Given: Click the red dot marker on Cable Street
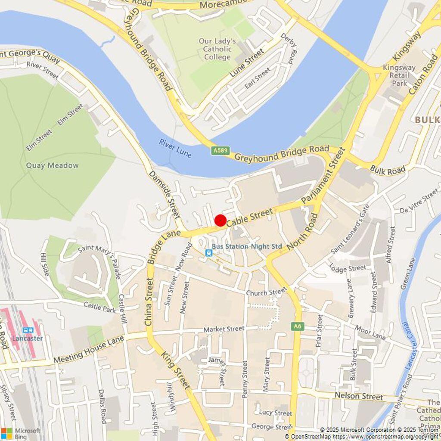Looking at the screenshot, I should (220, 220).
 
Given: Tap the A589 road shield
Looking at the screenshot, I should (220, 151).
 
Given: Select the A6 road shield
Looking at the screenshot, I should (297, 326).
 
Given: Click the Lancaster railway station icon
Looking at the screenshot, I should (28, 330).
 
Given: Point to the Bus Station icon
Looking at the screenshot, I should (208, 252).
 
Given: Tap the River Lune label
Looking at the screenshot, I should (175, 148).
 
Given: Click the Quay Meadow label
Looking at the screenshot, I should (52, 165).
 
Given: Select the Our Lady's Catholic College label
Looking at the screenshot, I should (217, 49).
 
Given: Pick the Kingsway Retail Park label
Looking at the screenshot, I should (399, 75).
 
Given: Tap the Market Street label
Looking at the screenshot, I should (224, 329).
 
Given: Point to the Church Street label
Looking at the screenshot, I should (266, 292).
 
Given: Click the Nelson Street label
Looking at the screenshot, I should (358, 396).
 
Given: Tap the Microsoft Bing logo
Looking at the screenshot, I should (21, 433).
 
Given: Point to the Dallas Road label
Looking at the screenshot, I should (102, 406).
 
